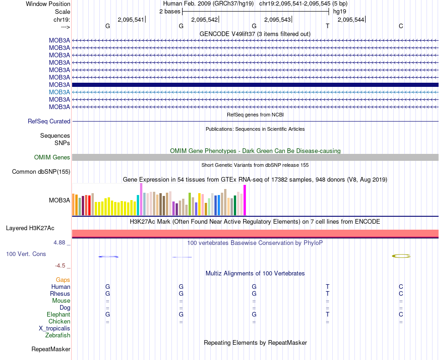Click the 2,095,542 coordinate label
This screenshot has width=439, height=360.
pyautogui.click(x=204, y=19)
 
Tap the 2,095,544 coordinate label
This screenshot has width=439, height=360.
pyautogui.click(x=351, y=19)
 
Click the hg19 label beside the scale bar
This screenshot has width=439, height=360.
pyautogui.click(x=340, y=12)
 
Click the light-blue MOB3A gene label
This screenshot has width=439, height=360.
pyautogui.click(x=60, y=92)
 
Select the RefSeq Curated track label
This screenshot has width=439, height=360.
pyautogui.click(x=49, y=122)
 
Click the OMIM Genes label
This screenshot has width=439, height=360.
pyautogui.click(x=52, y=158)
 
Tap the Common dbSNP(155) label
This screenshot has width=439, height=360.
pyautogui.click(x=41, y=172)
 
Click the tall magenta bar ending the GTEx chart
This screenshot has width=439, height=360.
pyautogui.click(x=245, y=200)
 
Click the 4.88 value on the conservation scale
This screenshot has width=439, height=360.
pyautogui.click(x=61, y=242)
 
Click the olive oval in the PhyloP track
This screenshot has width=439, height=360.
pyautogui.click(x=401, y=256)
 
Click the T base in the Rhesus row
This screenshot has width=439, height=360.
pyautogui.click(x=328, y=294)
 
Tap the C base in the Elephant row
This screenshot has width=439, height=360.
pyautogui.click(x=401, y=315)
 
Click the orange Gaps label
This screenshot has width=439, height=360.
pyautogui.click(x=63, y=280)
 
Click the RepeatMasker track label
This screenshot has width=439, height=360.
pyautogui.click(x=51, y=349)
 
